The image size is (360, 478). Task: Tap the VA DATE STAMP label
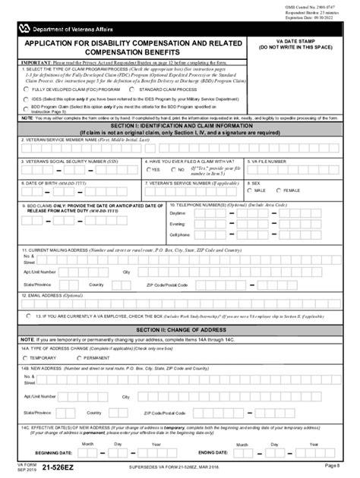(302, 41)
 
